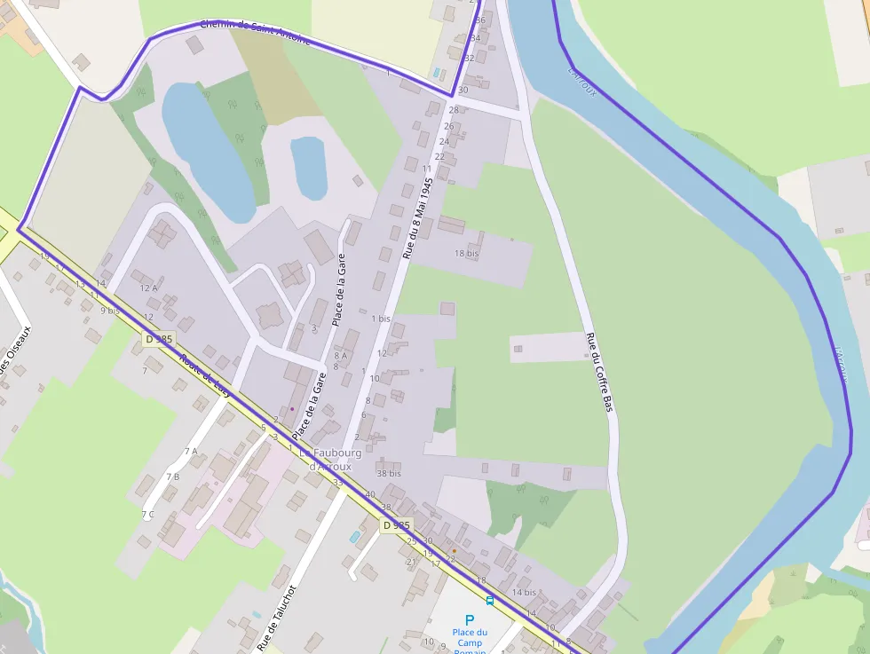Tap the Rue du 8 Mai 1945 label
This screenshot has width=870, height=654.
(416, 217)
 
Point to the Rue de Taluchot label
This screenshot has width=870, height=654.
(276, 618)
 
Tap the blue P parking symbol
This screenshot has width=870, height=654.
(470, 619)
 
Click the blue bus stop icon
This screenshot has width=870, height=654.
(490, 601)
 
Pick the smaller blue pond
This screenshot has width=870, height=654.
(309, 167)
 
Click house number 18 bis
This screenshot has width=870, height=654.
(466, 253)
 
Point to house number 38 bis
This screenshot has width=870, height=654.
(389, 474)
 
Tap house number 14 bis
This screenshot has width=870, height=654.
(524, 592)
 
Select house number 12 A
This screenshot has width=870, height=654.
(148, 288)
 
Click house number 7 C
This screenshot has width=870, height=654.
(147, 514)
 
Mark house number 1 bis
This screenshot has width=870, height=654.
(381, 318)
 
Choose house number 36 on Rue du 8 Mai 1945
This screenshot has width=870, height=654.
(480, 20)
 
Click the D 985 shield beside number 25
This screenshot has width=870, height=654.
(397, 525)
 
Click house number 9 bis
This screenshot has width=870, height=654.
(109, 310)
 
